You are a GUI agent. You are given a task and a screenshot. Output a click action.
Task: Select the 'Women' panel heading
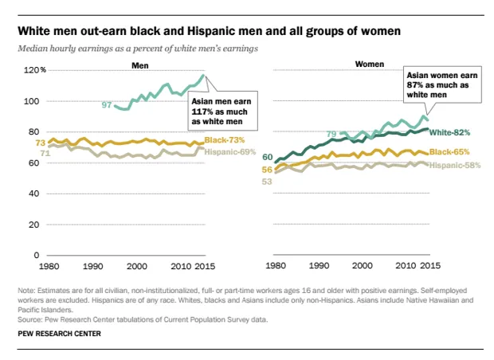pyautogui.click(x=369, y=64)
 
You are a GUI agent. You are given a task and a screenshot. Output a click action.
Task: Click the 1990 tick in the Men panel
pyautogui.click(x=92, y=266)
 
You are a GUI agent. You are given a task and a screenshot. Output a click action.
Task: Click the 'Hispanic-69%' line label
pyautogui.click(x=231, y=151)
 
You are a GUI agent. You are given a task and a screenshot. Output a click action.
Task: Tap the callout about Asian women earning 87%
pyautogui.click(x=434, y=82)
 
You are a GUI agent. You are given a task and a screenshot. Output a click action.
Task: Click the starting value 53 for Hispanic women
pyautogui.click(x=266, y=182)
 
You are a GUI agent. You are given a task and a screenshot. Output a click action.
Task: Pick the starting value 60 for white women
pyautogui.click(x=268, y=157)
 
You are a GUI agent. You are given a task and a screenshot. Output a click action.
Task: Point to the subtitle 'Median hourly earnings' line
pyautogui.click(x=131, y=49)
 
